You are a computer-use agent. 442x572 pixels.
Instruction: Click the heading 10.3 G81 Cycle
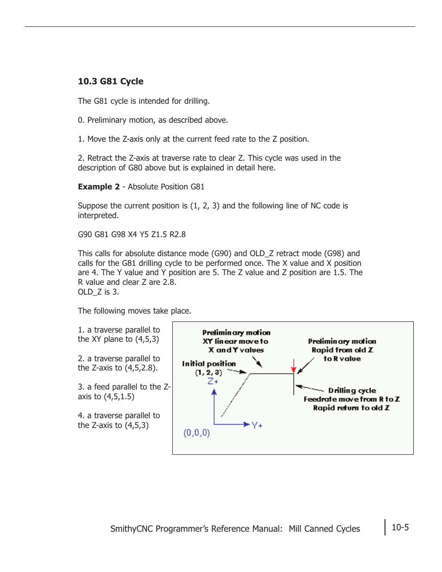(110, 82)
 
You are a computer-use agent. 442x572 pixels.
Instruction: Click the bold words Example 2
(98, 187)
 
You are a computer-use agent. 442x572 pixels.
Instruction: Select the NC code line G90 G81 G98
(132, 234)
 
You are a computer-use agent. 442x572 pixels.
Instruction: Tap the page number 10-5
(400, 528)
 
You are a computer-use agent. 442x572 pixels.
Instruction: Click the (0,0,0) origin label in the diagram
(196, 433)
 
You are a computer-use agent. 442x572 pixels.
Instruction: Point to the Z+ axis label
(213, 381)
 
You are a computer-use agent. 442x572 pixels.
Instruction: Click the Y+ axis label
(257, 425)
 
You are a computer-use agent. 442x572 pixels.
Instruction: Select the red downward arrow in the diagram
(293, 366)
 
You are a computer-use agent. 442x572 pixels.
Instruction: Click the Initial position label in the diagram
(208, 364)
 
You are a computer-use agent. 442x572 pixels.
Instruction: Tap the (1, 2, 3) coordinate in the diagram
(208, 372)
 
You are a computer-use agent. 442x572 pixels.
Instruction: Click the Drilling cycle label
(352, 390)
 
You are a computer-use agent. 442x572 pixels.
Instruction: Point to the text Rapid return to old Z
(351, 408)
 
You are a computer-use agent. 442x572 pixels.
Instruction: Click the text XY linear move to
(235, 341)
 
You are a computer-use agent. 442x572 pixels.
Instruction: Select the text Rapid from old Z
(342, 350)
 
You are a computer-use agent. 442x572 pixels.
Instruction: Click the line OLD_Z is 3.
(98, 292)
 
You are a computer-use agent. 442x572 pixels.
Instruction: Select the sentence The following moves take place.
(134, 311)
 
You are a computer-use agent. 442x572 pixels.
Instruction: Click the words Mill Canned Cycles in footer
(324, 528)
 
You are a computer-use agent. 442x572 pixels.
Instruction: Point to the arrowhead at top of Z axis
(214, 392)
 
